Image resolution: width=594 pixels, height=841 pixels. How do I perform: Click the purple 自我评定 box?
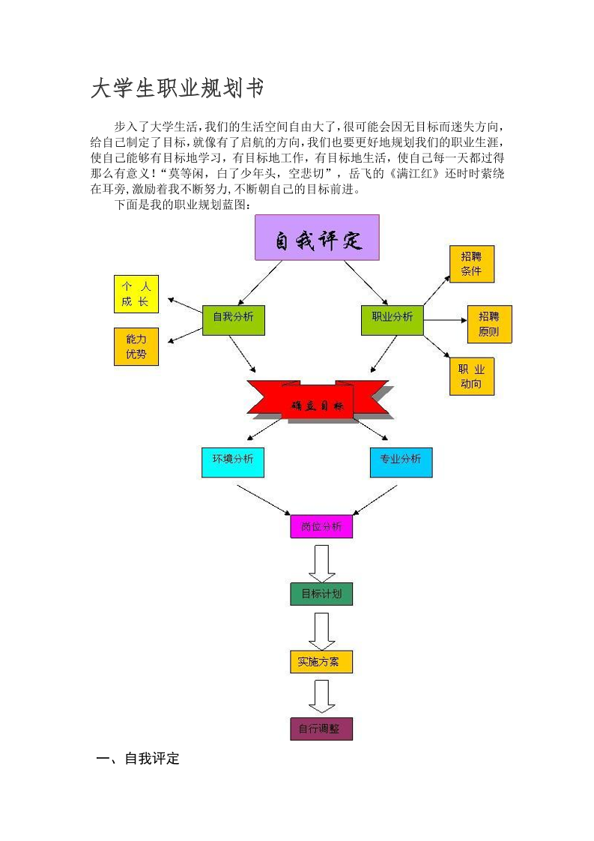coord(317,238)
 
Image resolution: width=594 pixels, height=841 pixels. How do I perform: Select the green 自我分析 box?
coord(233,318)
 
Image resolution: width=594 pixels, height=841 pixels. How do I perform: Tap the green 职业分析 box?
coord(392,318)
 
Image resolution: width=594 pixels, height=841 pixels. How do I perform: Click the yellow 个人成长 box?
coord(136,294)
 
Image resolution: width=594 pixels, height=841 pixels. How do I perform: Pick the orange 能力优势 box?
coord(136,346)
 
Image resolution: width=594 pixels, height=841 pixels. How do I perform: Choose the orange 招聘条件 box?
coord(471,264)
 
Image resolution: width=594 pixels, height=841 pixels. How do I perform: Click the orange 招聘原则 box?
coord(489,324)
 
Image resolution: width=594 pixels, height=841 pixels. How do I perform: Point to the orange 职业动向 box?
coord(471,377)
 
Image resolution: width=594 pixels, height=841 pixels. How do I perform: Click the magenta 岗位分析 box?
coord(321,526)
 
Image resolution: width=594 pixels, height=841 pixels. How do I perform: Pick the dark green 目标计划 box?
coord(321,594)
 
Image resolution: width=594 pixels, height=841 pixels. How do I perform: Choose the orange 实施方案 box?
coord(321,661)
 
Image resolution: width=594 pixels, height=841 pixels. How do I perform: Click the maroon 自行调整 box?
coord(321,729)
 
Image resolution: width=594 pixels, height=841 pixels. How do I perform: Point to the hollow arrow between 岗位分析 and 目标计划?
coord(321,563)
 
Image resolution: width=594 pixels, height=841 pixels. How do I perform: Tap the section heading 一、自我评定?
coord(139,759)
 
